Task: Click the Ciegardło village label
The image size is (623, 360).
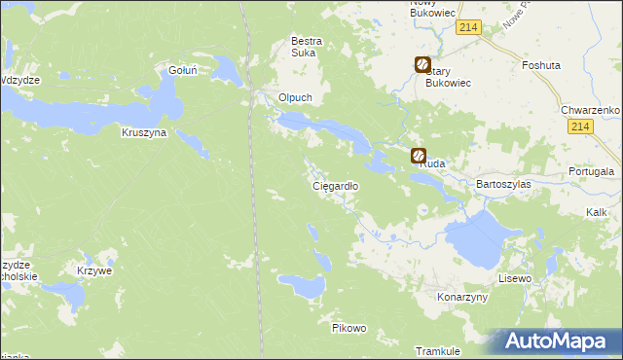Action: point(335,185)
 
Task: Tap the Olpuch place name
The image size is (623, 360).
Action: point(295,98)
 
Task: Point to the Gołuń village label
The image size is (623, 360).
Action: point(183,70)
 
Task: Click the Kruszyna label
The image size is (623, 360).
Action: point(144,131)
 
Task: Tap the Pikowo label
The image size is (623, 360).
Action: point(348,328)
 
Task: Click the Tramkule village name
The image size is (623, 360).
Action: point(436,350)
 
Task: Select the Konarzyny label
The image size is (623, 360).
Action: point(461,297)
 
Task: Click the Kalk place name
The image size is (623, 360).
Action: point(597,211)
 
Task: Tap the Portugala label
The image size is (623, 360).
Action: point(593,172)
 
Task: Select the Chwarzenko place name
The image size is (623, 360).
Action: point(591,111)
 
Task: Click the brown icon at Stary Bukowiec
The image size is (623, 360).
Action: point(423,66)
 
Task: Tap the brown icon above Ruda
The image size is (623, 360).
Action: point(419,155)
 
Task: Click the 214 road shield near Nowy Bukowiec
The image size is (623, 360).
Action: point(468,30)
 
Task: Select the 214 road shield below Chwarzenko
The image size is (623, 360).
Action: point(581,127)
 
